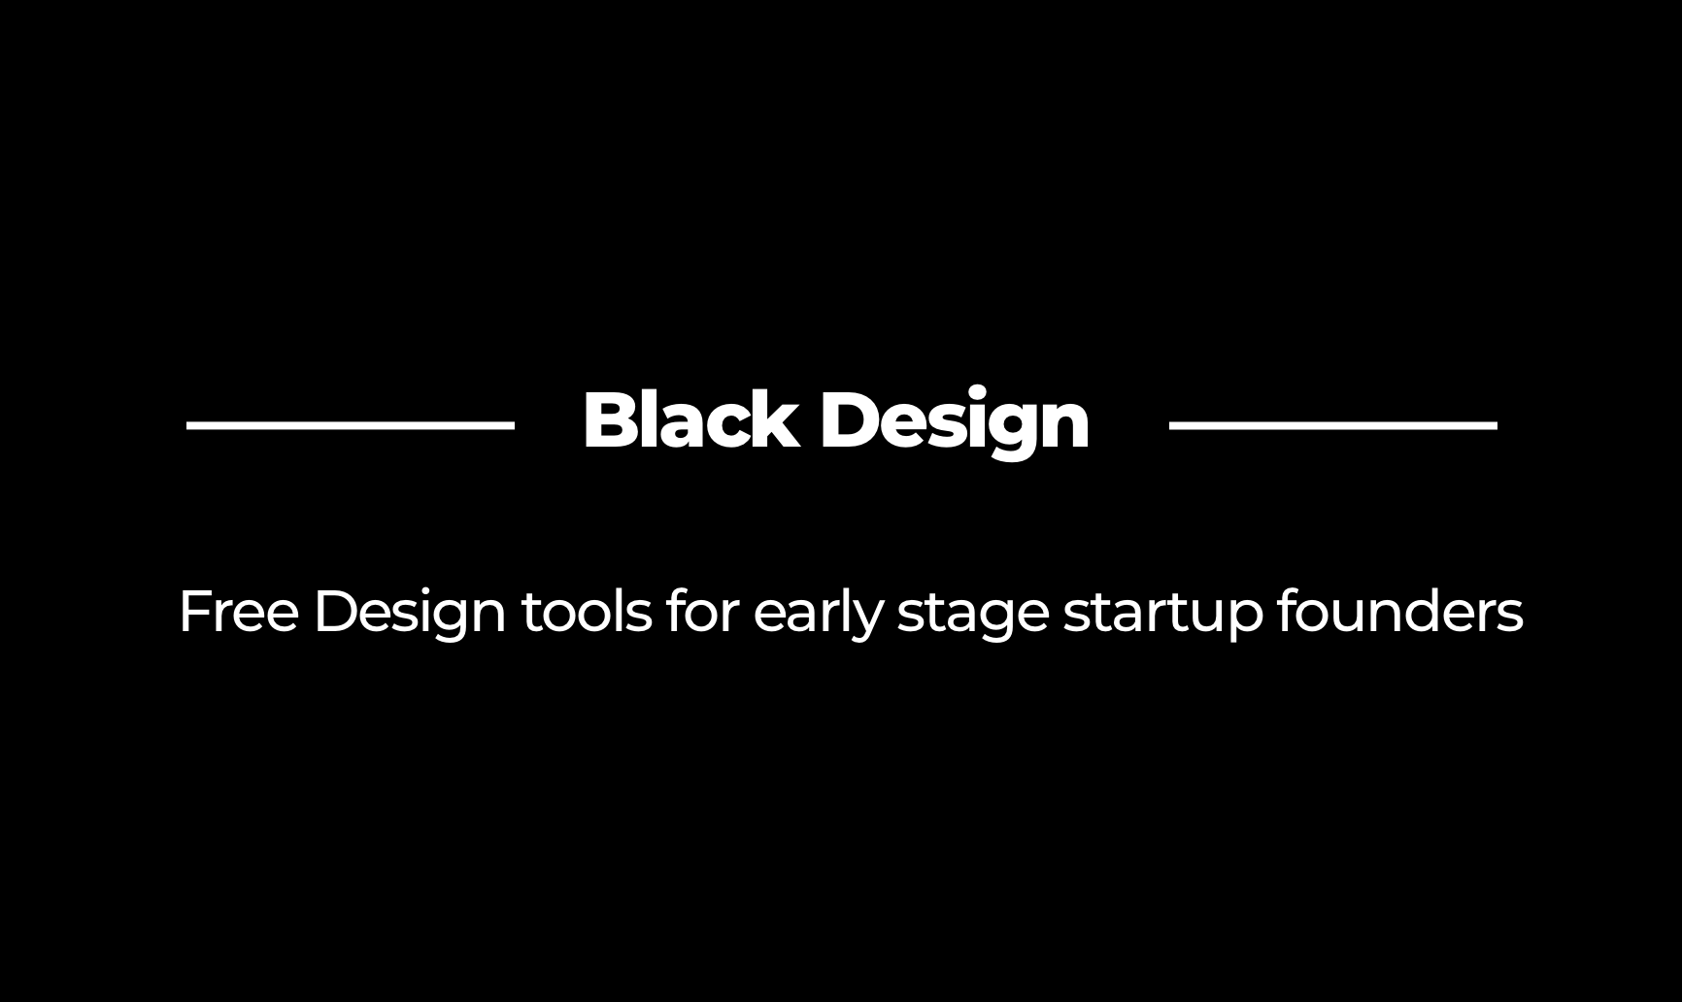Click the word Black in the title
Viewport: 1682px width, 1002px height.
pyautogui.click(x=690, y=420)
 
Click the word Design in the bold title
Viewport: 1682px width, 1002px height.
pyautogui.click(x=955, y=420)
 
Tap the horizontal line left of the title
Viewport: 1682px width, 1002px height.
pyautogui.click(x=351, y=424)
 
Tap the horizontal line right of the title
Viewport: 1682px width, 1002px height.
pyautogui.click(x=1332, y=424)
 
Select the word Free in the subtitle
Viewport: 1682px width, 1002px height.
pyautogui.click(x=238, y=612)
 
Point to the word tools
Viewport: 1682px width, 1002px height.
pyautogui.click(x=587, y=612)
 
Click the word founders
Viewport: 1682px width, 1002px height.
pyautogui.click(x=1398, y=612)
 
